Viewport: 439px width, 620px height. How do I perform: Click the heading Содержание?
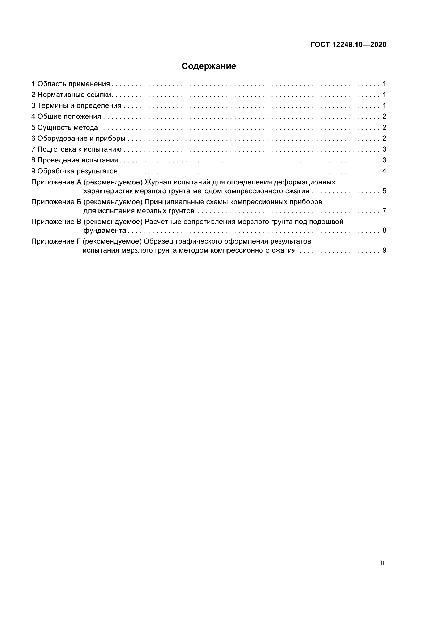209,66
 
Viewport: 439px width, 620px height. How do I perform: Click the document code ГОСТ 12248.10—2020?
348,45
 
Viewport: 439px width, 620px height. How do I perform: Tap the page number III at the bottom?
383,563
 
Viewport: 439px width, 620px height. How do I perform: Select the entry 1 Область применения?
71,84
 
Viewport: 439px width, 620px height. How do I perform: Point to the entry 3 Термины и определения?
76,105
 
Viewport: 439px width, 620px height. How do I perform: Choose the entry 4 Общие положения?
66,117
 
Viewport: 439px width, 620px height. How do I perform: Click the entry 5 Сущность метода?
64,127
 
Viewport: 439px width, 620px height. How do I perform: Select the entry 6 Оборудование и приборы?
78,139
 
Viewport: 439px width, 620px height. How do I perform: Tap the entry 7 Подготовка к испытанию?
76,149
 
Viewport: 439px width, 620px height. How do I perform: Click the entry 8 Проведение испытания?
75,160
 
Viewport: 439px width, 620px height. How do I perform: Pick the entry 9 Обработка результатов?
74,171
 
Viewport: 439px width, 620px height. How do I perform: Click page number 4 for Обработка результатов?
384,171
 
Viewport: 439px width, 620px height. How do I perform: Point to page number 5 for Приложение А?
384,191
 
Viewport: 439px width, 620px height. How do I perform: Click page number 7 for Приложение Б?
384,211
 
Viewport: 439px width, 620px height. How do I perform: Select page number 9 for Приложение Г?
384,250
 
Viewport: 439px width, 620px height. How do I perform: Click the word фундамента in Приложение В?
105,231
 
